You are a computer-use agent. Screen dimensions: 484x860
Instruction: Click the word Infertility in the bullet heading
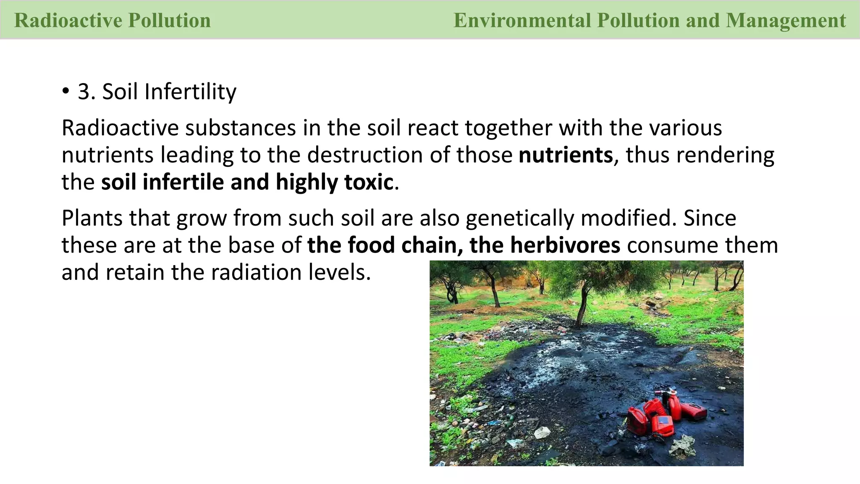click(190, 92)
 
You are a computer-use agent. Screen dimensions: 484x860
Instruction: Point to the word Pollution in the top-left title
click(169, 20)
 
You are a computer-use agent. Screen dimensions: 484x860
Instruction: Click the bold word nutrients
click(566, 155)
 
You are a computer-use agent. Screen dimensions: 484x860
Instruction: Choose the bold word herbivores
click(565, 245)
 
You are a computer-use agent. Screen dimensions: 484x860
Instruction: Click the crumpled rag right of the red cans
click(683, 445)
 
